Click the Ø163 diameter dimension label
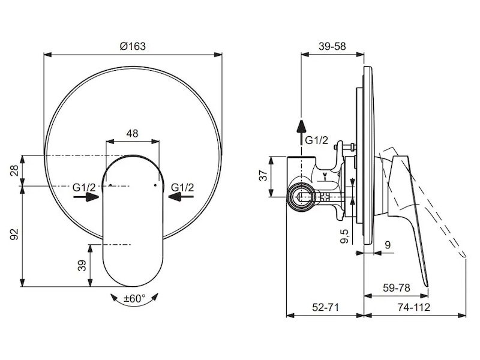point(133,46)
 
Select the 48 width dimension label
point(132,133)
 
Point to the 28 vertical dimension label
point(14,170)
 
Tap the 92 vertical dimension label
point(14,234)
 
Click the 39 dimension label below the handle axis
point(82,265)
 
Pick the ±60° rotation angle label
point(134,298)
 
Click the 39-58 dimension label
point(332,46)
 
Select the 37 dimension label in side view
point(263,175)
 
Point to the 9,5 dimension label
point(344,236)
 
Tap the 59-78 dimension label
point(396,288)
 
